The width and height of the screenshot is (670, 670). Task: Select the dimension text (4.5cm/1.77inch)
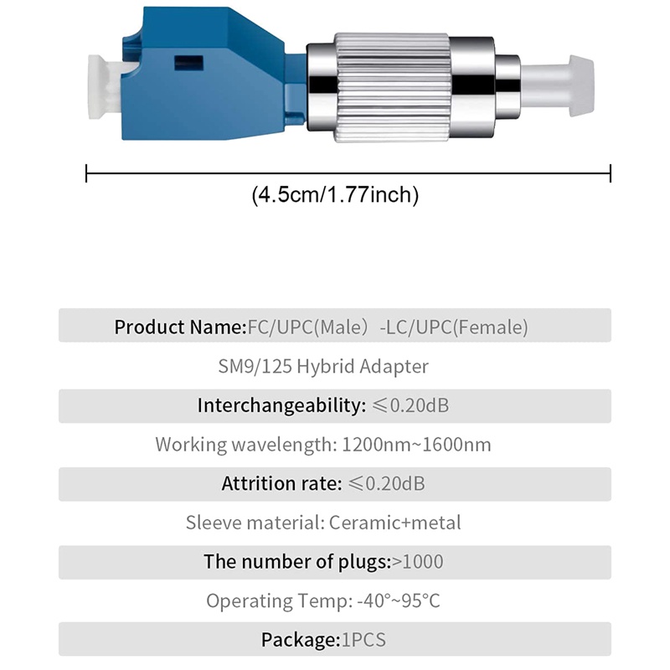(335, 195)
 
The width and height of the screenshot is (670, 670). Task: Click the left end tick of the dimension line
(87, 173)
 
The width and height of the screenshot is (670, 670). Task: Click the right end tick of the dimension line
(611, 173)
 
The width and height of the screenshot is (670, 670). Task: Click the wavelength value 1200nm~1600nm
(417, 445)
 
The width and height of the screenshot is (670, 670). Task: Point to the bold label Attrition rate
(281, 484)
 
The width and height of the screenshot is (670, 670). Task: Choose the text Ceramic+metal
(394, 523)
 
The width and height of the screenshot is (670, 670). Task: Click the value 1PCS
(363, 641)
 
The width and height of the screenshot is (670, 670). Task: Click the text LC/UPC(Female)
(457, 327)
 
